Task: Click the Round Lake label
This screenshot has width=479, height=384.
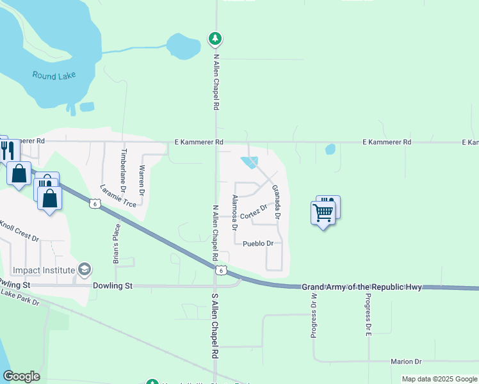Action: pos(54,75)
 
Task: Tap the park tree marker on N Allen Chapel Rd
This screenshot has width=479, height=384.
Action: pos(216,39)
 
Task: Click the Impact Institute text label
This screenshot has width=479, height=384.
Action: pos(43,270)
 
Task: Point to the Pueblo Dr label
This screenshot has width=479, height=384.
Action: pos(258,244)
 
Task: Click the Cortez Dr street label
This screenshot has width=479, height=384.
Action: pos(254,211)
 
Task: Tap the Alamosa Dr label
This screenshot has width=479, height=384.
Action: pos(235,212)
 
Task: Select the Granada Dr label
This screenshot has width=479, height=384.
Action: pos(277,202)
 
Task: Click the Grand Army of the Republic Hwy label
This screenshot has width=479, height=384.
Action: pos(362,287)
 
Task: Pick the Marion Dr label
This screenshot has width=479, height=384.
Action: pos(406,362)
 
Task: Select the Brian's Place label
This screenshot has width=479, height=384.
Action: pos(116,240)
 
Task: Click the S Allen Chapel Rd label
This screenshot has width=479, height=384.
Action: pos(216,326)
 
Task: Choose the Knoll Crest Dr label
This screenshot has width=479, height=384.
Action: pos(20,231)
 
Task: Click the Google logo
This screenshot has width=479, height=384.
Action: pos(21,376)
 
